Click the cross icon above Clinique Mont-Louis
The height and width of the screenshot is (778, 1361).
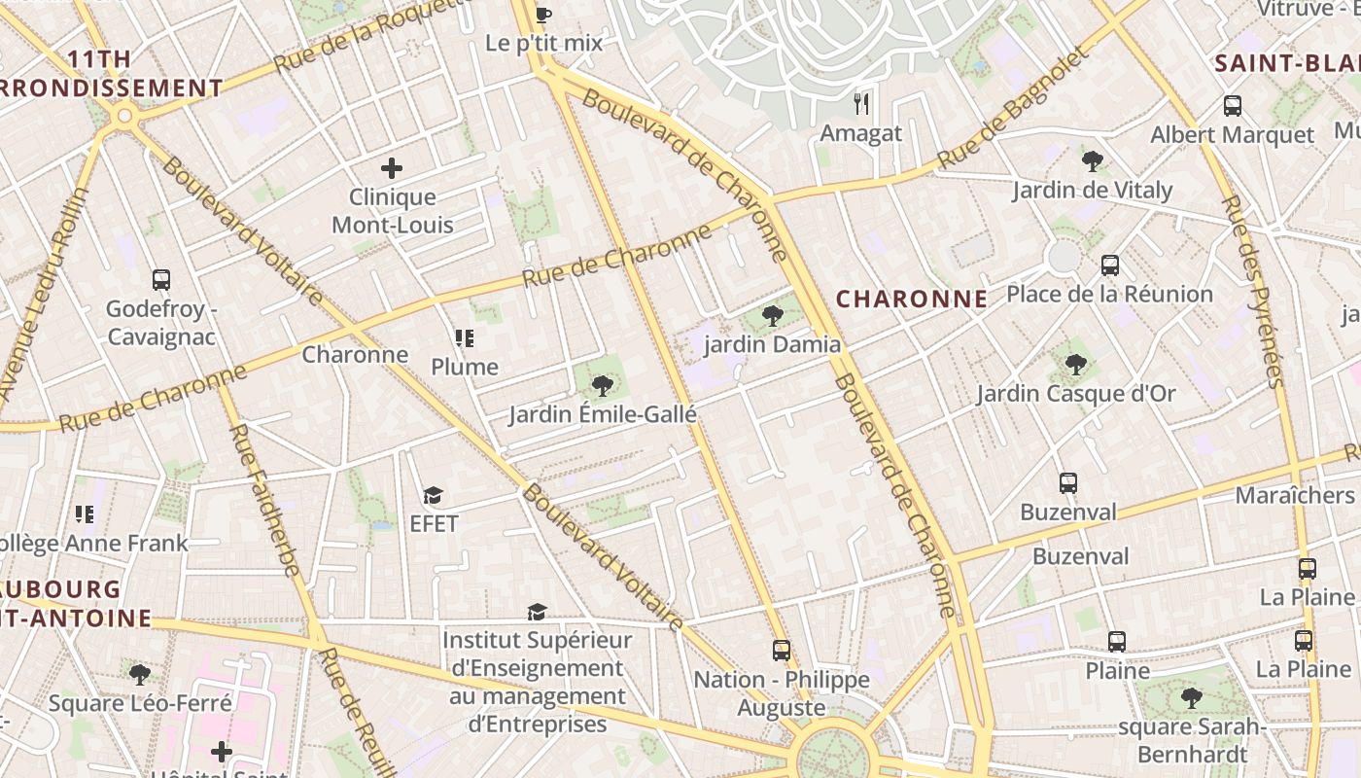(x=392, y=168)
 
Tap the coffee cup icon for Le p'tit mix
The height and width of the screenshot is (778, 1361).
(x=543, y=15)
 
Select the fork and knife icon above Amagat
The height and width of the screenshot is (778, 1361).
(x=860, y=103)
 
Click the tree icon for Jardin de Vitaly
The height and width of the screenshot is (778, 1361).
(x=1092, y=160)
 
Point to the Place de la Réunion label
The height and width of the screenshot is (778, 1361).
(x=1109, y=294)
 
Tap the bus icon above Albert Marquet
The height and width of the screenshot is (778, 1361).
(x=1232, y=106)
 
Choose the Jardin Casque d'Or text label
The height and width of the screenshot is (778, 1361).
(x=1075, y=394)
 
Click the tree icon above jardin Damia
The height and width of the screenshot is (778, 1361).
(x=773, y=315)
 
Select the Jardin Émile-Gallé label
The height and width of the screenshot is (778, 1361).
(x=603, y=415)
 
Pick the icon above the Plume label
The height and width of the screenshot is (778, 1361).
(x=465, y=338)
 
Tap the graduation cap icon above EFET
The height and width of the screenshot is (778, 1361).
(x=433, y=496)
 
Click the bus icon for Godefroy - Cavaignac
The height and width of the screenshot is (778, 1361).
(x=161, y=280)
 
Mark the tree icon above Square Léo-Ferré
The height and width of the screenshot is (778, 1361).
(x=140, y=674)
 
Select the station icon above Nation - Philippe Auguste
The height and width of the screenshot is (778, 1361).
(x=781, y=651)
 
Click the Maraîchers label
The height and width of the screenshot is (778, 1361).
(x=1294, y=495)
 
